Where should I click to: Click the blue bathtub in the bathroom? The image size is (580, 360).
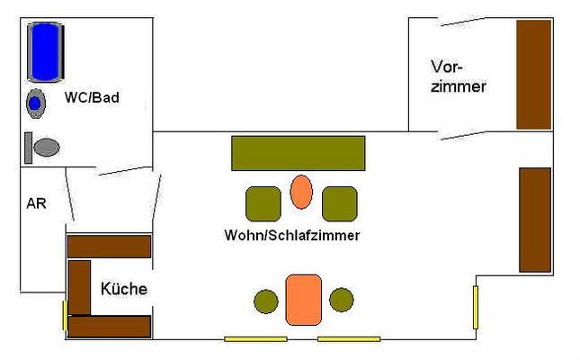[46, 52]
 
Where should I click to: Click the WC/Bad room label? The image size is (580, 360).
[92, 98]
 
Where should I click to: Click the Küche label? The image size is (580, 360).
[124, 290]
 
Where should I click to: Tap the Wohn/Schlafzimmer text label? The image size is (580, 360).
[292, 236]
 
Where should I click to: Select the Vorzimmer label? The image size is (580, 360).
[458, 77]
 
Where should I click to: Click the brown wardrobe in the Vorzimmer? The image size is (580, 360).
[532, 74]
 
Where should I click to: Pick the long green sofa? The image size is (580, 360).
[298, 153]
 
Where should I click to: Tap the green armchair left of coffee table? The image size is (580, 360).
[263, 203]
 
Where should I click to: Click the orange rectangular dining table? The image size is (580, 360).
[302, 300]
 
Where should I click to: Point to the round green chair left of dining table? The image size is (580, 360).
[266, 301]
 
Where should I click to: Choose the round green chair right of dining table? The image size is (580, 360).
[342, 300]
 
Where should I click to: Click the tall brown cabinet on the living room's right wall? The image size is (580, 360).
[535, 219]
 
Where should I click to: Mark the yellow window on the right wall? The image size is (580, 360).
[476, 306]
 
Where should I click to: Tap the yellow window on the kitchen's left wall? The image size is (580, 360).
[65, 316]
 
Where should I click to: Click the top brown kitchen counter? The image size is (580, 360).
[109, 246]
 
